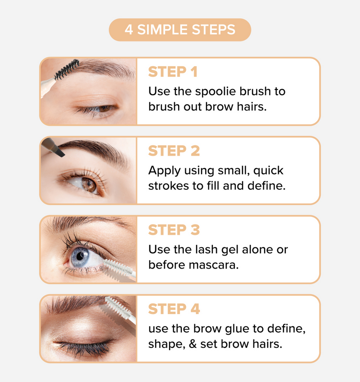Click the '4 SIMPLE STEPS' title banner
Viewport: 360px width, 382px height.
(x=180, y=30)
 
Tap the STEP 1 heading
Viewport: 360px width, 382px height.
(x=173, y=72)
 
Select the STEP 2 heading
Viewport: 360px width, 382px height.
(x=174, y=151)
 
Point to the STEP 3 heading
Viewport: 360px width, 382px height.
(x=174, y=230)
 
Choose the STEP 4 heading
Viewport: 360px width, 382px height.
(x=174, y=309)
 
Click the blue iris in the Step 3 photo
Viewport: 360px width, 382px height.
(x=81, y=257)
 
